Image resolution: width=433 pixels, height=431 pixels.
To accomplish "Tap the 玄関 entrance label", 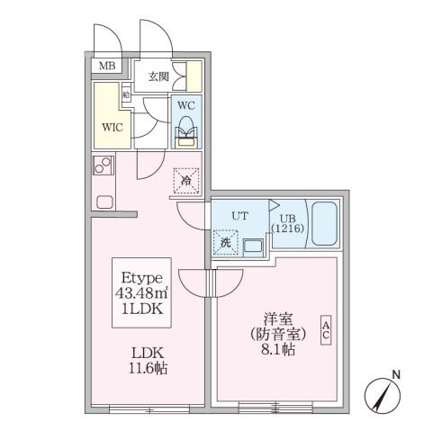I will [158, 76].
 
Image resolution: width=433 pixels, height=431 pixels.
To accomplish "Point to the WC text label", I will [185, 105].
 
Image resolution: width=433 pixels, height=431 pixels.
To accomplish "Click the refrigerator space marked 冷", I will [185, 181].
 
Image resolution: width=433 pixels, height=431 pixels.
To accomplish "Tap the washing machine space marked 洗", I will [223, 241].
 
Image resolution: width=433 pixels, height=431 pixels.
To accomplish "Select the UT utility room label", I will [239, 216].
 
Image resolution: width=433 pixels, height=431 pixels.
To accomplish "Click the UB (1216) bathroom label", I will [285, 224].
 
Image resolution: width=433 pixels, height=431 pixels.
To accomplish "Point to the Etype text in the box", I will [142, 277].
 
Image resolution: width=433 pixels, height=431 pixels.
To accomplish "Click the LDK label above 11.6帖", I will [141, 354].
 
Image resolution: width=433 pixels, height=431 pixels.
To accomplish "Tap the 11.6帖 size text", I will [141, 369].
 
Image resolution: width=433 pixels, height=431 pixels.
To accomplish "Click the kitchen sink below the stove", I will [102, 201].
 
